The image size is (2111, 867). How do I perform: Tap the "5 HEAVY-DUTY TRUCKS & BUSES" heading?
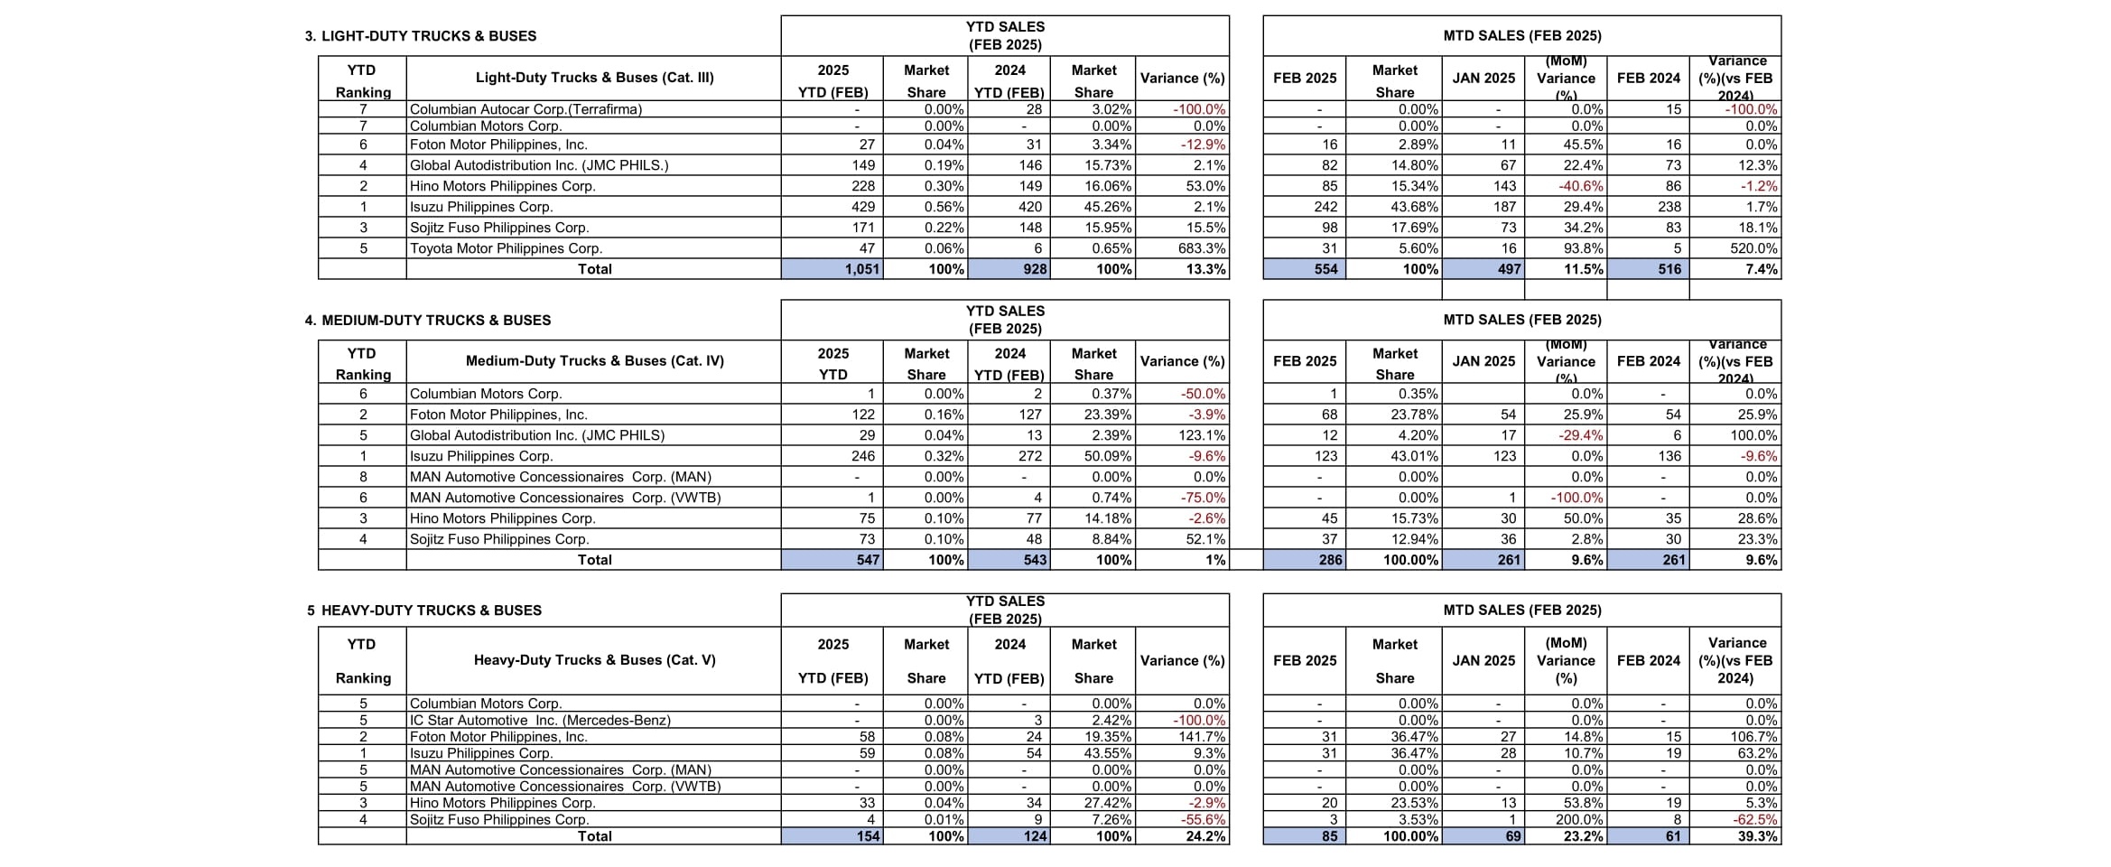point(424,611)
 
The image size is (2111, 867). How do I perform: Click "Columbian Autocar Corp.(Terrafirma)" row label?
point(525,109)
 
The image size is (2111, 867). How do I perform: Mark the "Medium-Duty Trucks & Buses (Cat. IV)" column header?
point(594,361)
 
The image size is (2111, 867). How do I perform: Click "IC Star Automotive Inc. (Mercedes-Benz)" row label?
point(540,721)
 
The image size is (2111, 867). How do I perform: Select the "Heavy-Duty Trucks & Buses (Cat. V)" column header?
point(594,660)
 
